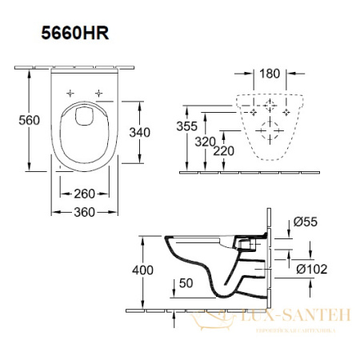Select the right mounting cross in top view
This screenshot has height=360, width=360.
click(98, 93)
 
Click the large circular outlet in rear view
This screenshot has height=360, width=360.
click(270, 130)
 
